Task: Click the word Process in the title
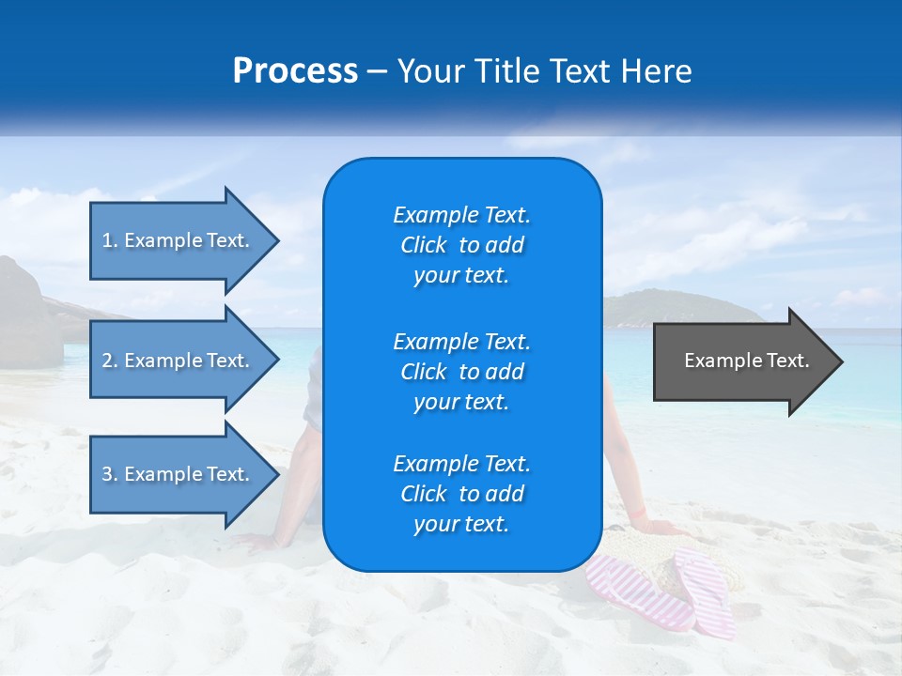[295, 71]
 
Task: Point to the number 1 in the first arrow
[107, 240]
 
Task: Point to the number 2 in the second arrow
[107, 361]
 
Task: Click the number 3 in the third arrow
[107, 474]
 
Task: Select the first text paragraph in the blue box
[461, 245]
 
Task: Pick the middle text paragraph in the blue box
[461, 372]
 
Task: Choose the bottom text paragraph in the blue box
[461, 494]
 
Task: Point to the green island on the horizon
[658, 307]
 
